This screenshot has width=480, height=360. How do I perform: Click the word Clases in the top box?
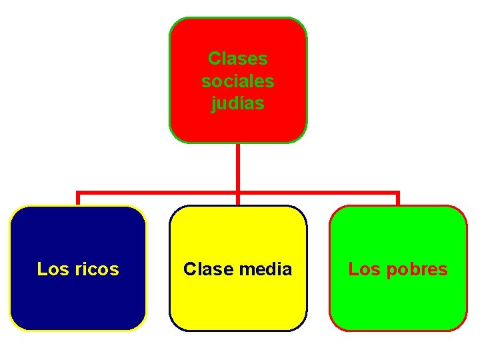[237, 59]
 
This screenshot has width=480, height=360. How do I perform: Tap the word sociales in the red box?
[237, 81]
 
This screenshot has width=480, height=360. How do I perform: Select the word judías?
[237, 104]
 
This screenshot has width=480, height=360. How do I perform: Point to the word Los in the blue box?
[50, 269]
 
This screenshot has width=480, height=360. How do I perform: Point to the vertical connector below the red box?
[238, 167]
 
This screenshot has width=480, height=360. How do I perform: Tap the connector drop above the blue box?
[78, 199]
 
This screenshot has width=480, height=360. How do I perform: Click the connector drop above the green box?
[398, 199]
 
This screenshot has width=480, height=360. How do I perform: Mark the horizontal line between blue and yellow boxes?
[158, 193]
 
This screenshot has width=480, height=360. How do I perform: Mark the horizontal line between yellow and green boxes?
[318, 193]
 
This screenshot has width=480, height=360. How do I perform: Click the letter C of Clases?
[214, 59]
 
